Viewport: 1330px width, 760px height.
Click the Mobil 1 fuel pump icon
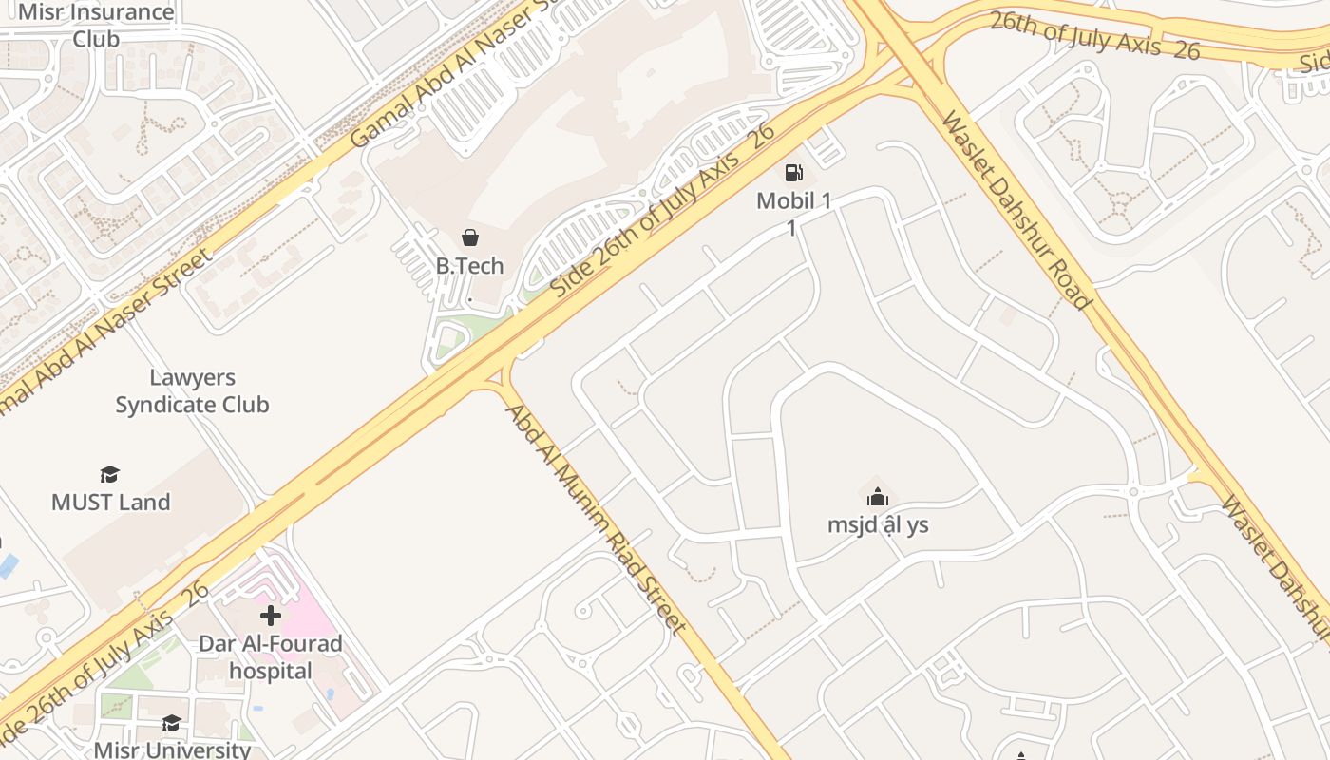[x=793, y=173]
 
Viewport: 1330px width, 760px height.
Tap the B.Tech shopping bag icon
[x=469, y=237]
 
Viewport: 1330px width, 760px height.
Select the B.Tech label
[x=469, y=266]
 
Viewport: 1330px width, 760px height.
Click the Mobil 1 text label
[x=793, y=201]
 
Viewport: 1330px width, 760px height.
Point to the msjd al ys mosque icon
[x=878, y=497]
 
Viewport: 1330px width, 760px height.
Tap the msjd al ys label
[x=878, y=524]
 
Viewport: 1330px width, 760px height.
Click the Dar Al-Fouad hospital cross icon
[x=271, y=616]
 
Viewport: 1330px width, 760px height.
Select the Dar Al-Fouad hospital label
[x=271, y=657]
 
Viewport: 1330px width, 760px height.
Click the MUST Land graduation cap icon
[x=110, y=474]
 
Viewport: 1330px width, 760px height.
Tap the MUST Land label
[x=110, y=502]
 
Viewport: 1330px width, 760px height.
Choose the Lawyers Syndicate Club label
[x=192, y=391]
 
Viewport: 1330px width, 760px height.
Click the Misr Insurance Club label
[x=97, y=26]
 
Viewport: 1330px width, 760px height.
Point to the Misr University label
[x=172, y=749]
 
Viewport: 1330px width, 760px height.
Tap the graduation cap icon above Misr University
[x=171, y=724]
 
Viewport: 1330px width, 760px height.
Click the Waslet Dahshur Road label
[x=1015, y=209]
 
